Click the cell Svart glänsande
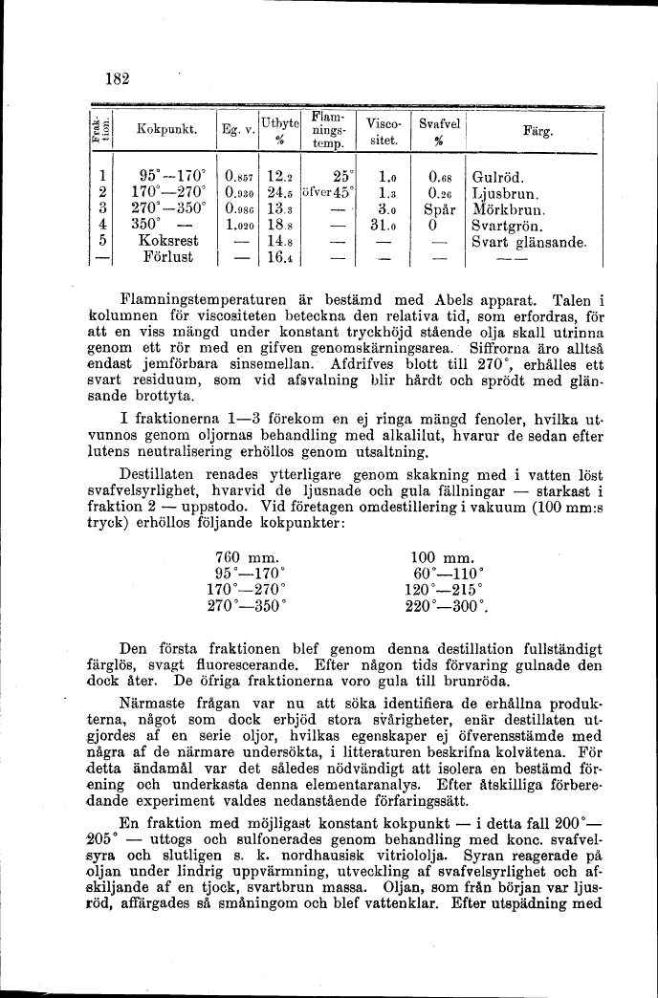point(529,242)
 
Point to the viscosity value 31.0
point(383,226)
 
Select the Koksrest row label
point(169,242)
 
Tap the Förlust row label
point(167,257)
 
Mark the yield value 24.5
point(279,193)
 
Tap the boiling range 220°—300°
point(447,605)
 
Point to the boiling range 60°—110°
point(442,574)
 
